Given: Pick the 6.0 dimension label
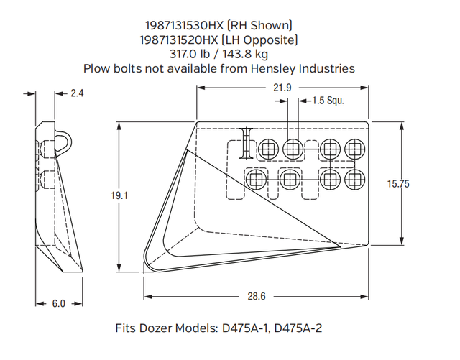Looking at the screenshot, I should (58, 303).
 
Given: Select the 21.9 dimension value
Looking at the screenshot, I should (282, 88).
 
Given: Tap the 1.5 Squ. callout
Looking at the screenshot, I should (328, 101).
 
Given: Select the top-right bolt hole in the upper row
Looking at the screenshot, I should (354, 149).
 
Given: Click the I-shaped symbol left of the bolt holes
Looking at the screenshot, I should (247, 143).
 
